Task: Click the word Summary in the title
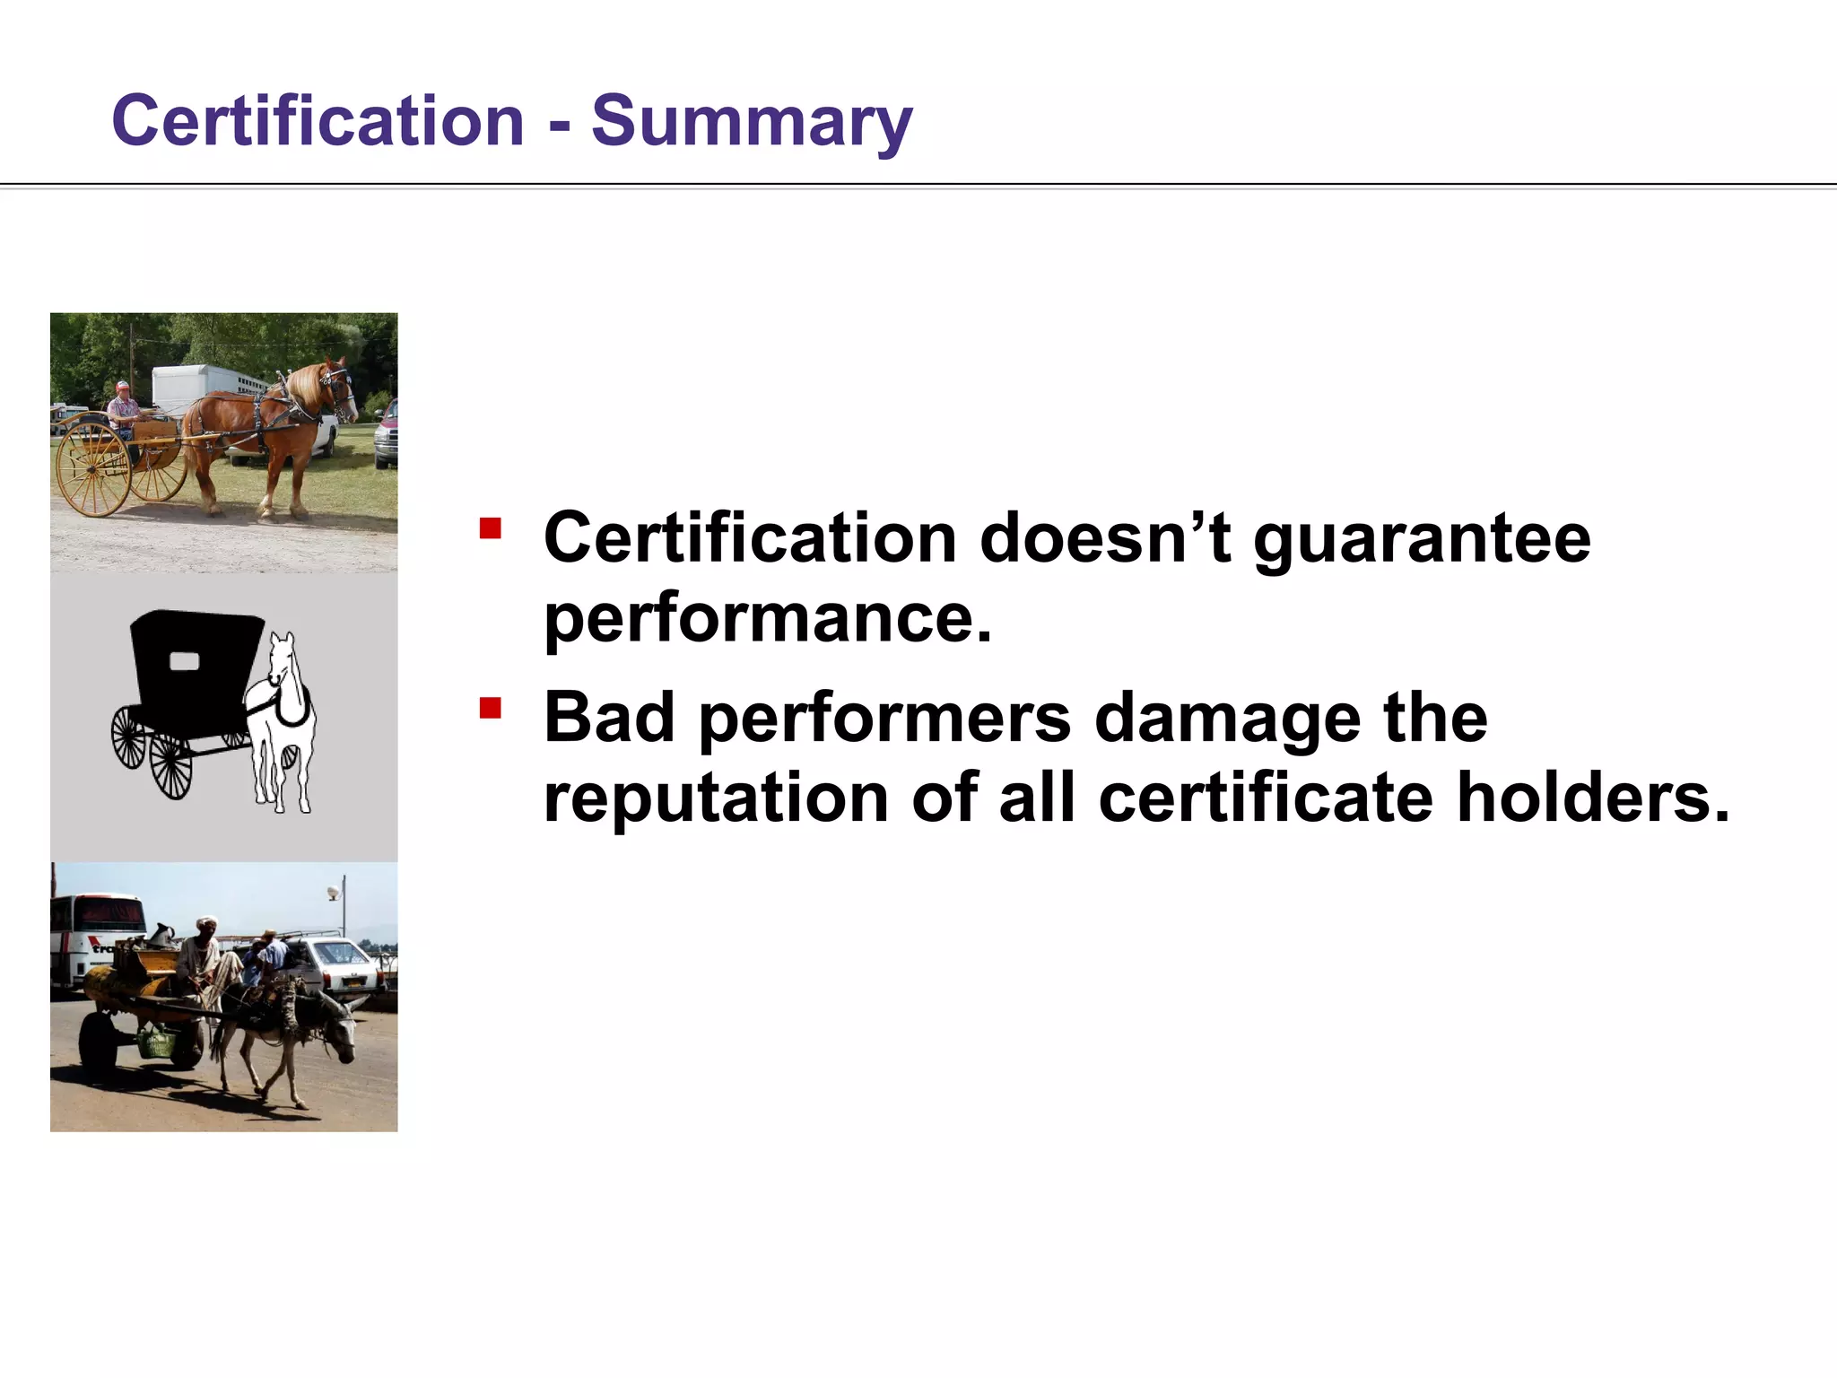tap(752, 121)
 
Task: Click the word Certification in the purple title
tap(318, 121)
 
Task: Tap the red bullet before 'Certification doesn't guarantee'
tap(490, 528)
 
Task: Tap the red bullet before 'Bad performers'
tap(490, 709)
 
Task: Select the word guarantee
tap(1421, 540)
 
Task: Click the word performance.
tap(768, 619)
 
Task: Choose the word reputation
tap(716, 798)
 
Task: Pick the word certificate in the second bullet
tap(1265, 798)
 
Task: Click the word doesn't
tap(1105, 538)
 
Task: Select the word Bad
tap(608, 718)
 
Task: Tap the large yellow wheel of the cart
tap(93, 469)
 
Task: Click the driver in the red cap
tap(123, 408)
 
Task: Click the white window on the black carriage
tap(184, 661)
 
